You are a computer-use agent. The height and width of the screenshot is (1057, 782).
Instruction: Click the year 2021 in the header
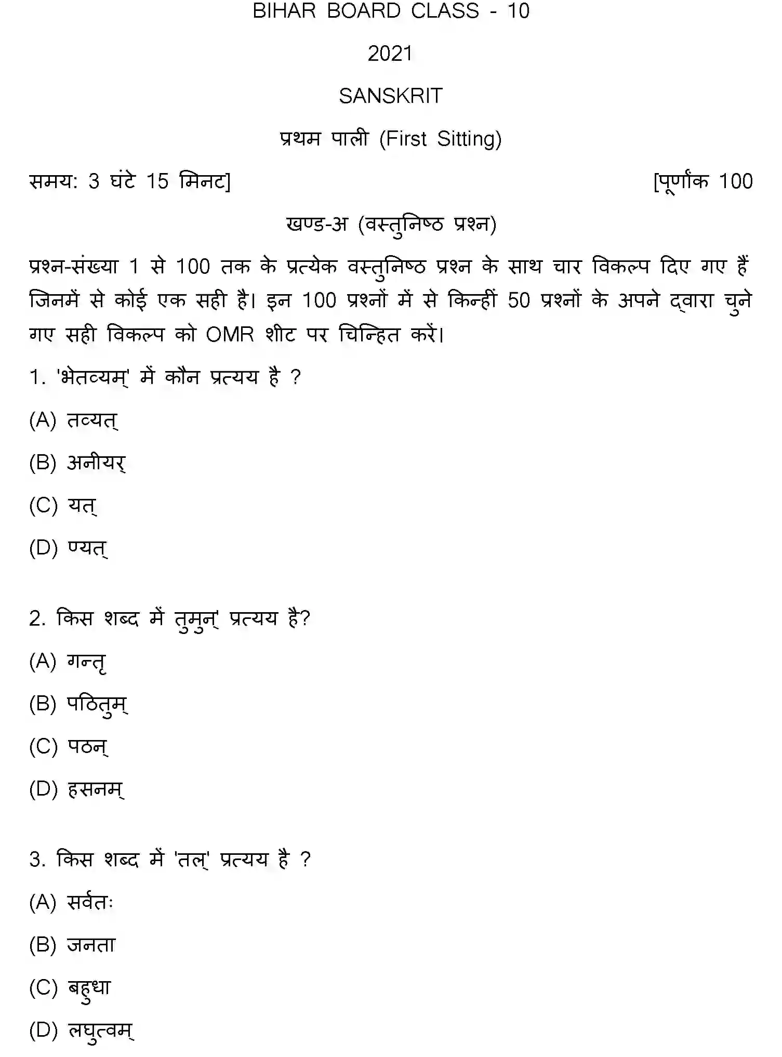pos(390,54)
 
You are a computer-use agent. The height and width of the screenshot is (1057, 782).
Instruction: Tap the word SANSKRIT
pos(390,96)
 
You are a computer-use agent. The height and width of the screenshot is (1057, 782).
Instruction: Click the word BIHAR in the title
pos(284,11)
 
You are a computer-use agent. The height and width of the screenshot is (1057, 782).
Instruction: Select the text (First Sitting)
pos(440,139)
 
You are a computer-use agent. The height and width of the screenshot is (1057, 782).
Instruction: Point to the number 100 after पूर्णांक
pos(735,181)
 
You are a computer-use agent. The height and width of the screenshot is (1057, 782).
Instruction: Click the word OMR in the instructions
pos(230,334)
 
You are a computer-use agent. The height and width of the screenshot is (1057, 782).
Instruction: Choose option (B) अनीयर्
pos(77,463)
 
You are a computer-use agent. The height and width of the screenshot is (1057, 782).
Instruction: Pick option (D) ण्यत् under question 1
pos(69,548)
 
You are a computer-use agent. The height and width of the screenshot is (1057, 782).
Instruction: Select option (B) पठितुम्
pos(78,704)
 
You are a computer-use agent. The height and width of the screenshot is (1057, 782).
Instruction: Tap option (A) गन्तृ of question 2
pos(68,662)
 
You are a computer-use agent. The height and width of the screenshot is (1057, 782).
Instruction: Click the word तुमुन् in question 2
pos(196,619)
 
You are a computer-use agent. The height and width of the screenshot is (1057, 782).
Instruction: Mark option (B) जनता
pos(72,945)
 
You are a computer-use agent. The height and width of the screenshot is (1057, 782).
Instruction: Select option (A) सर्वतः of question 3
pos(71,903)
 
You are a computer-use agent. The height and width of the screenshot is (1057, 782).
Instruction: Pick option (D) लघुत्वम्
pos(82,1030)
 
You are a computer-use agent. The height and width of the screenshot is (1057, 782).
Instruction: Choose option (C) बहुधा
pos(70,988)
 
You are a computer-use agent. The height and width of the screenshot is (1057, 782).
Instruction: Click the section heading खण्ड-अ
pos(316,224)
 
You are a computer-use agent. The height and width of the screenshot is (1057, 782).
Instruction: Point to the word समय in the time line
pos(52,181)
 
